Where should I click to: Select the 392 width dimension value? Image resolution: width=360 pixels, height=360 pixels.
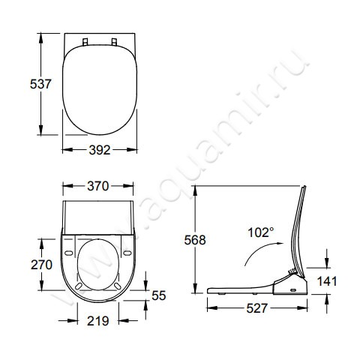click(99, 149)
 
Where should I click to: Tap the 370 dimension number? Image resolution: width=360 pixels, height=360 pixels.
click(98, 186)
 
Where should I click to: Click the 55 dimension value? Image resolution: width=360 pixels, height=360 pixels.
click(158, 295)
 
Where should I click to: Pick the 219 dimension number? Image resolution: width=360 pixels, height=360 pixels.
click(98, 320)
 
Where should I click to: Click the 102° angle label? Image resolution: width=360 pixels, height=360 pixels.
click(260, 232)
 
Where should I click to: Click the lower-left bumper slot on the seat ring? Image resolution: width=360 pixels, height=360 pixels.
click(77, 284)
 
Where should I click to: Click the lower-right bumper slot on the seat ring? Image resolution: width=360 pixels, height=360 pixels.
click(121, 284)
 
